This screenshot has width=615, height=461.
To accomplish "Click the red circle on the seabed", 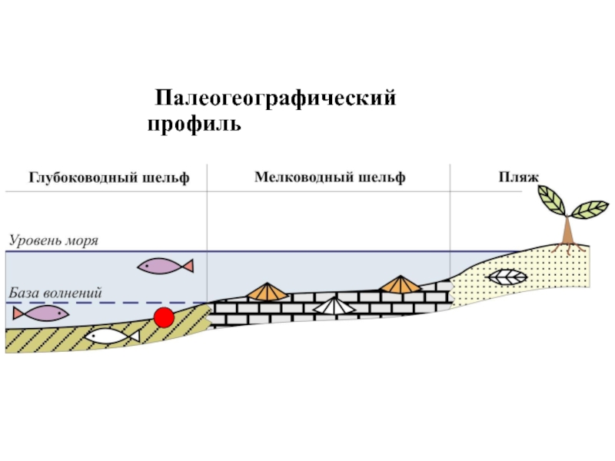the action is [164, 317].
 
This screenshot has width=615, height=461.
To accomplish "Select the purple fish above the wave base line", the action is [165, 266].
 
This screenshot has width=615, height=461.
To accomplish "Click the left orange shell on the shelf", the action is [266, 291].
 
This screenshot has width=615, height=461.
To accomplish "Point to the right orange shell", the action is [400, 285].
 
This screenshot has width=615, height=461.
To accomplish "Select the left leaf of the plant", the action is [551, 200].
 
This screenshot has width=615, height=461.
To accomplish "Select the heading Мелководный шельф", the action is [330, 177].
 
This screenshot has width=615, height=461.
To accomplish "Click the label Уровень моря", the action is [54, 240].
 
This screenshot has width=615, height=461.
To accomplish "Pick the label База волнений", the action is [55, 294].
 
